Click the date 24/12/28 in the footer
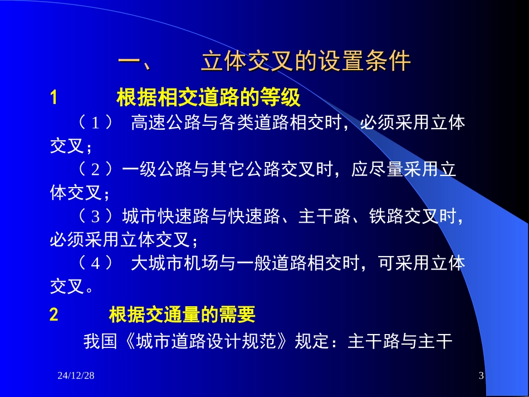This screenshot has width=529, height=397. [76, 375]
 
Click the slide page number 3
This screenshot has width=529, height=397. [481, 375]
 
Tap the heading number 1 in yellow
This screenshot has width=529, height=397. [53, 97]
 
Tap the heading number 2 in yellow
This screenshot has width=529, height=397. [54, 315]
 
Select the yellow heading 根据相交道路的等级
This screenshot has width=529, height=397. [208, 97]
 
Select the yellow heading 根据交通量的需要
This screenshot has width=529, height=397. [182, 315]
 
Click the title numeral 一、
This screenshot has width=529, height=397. [135, 62]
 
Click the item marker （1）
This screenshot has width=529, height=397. [95, 122]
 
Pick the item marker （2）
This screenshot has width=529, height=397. [95, 169]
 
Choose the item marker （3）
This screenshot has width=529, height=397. [95, 216]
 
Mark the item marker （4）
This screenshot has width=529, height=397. [95, 263]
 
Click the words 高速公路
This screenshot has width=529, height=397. [165, 122]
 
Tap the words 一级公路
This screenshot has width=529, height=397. [157, 169]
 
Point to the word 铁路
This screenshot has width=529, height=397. [386, 216]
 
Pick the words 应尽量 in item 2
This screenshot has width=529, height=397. [377, 169]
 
